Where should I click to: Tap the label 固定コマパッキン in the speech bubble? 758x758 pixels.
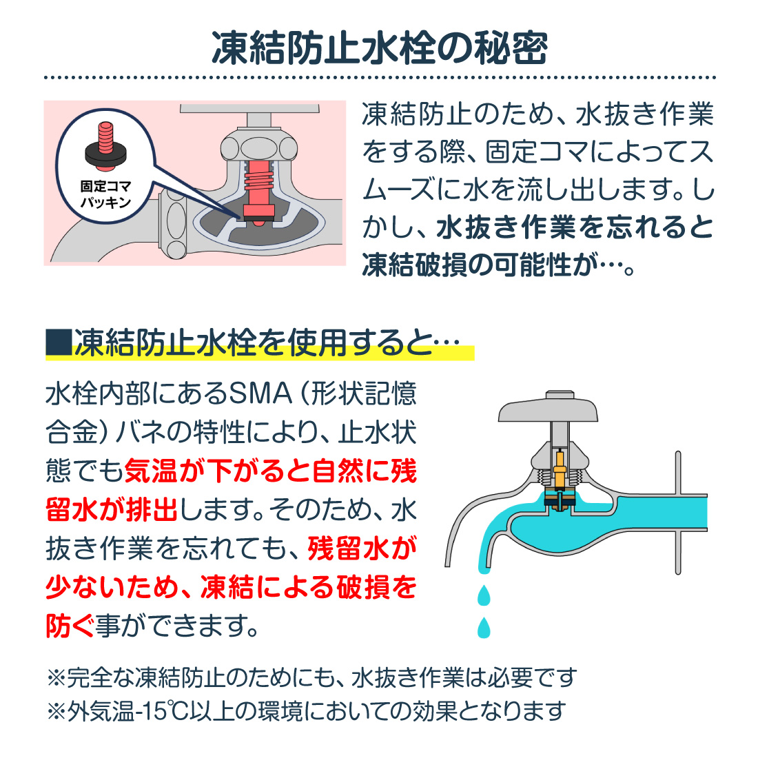(105, 194)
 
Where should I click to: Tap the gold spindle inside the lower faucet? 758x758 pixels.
(560, 469)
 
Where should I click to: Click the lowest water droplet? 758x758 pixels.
(484, 627)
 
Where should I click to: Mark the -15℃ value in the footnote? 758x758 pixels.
(160, 710)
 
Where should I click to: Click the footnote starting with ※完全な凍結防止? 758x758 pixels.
(310, 678)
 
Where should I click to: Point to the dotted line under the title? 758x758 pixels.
(379, 78)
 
